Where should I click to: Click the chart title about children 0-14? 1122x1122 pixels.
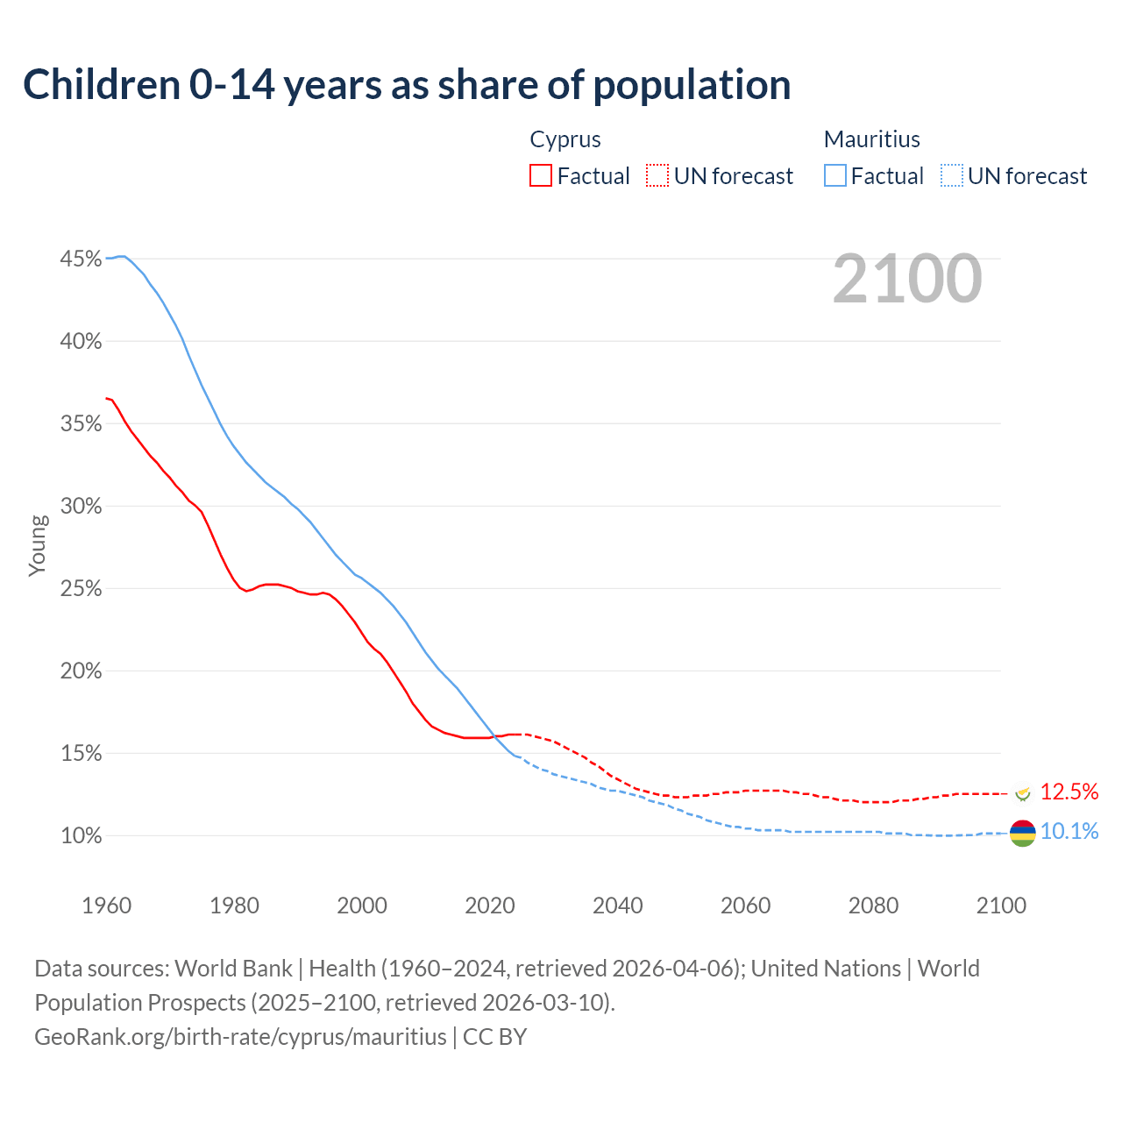point(407,85)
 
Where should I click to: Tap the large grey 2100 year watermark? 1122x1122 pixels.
point(906,279)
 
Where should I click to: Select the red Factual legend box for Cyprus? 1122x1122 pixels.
point(541,175)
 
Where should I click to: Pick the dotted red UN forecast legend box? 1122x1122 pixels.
point(657,175)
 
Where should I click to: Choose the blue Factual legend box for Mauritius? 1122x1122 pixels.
point(835,175)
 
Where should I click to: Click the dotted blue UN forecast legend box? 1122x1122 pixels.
point(952,175)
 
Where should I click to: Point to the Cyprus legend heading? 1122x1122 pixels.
point(565,139)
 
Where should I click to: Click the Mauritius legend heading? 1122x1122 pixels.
point(871,139)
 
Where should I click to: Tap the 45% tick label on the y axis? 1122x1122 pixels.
point(81,259)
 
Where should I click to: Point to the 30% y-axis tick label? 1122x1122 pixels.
point(81,507)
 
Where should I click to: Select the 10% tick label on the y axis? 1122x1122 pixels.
point(81,836)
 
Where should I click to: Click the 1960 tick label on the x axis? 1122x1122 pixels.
point(106,905)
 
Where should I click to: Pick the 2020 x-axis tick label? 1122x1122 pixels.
point(489,905)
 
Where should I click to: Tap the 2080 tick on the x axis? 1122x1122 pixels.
point(873,905)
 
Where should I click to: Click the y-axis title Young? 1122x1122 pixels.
point(37,545)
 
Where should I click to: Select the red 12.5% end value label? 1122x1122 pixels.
point(1069,792)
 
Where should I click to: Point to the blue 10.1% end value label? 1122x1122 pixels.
point(1069,831)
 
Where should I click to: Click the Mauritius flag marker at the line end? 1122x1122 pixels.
point(1022,833)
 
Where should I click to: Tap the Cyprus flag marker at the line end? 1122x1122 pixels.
point(1022,793)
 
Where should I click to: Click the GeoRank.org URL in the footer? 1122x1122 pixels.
point(240,1036)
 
